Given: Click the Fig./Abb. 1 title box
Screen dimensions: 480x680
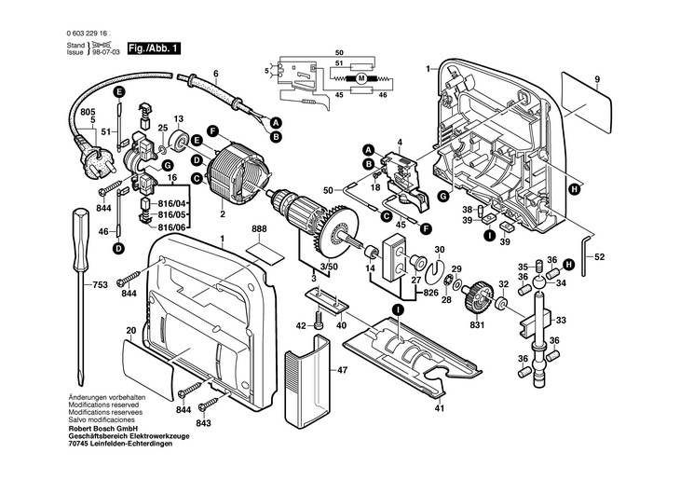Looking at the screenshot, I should pyautogui.click(x=155, y=47).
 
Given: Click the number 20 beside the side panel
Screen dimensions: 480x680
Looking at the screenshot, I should pyautogui.click(x=131, y=331).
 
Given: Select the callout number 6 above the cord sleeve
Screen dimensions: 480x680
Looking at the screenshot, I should pyautogui.click(x=215, y=73).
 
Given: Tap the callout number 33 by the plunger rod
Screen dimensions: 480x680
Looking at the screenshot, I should pyautogui.click(x=560, y=320).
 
